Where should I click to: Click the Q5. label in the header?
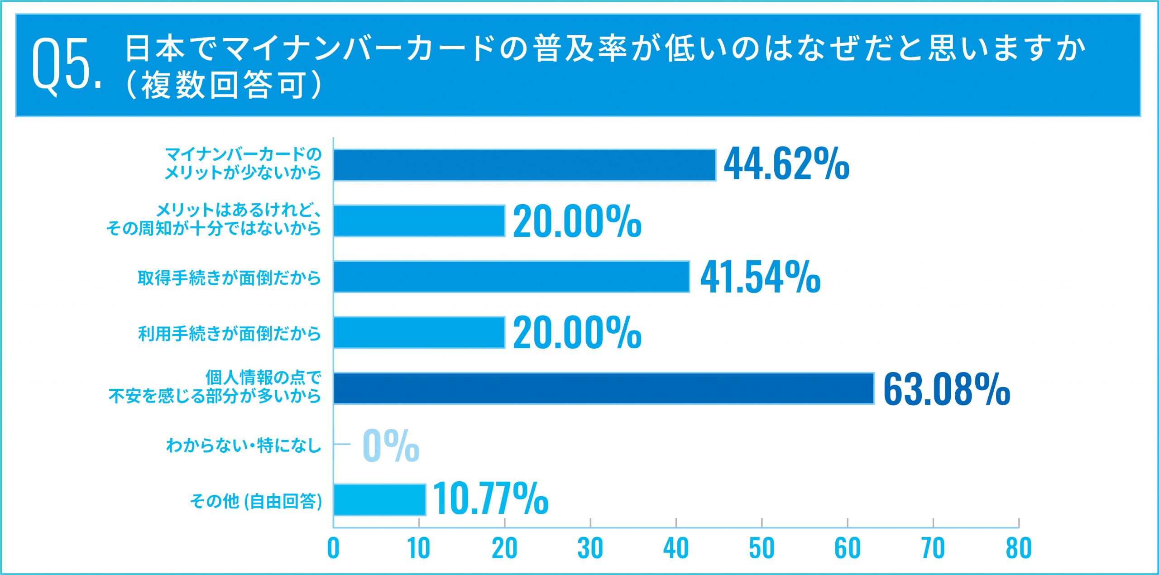coord(67,63)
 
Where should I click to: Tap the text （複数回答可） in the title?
coord(224,85)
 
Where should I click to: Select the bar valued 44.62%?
coord(524,165)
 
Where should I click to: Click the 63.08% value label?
coord(946,389)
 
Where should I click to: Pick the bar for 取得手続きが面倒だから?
coord(511,277)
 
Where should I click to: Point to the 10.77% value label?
coord(490,499)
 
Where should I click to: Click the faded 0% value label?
coord(391,446)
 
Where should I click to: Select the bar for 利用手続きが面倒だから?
coord(419,333)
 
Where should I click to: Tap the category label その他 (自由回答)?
coord(256,501)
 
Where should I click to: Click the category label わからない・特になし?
coord(244,446)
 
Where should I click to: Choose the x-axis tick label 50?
coord(761,549)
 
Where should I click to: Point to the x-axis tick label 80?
coord(1019,549)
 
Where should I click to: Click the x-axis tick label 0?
coord(333,549)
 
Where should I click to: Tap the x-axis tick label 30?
coord(590,549)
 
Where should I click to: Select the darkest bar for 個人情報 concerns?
coord(603,388)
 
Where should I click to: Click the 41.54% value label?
coord(760,277)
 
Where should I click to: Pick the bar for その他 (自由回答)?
coord(379,500)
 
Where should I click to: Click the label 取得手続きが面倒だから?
coord(229,278)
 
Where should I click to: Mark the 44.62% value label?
coord(786,164)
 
